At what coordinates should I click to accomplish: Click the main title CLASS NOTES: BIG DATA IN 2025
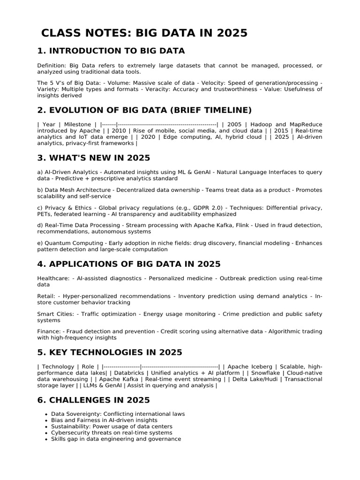(144, 33)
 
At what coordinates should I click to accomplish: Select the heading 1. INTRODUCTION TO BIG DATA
(111, 51)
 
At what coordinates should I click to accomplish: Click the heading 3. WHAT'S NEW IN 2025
(94, 157)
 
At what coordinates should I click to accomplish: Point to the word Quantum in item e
(56, 243)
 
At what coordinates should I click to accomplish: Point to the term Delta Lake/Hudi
(255, 379)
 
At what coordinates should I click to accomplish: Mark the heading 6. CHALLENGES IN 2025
(94, 400)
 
